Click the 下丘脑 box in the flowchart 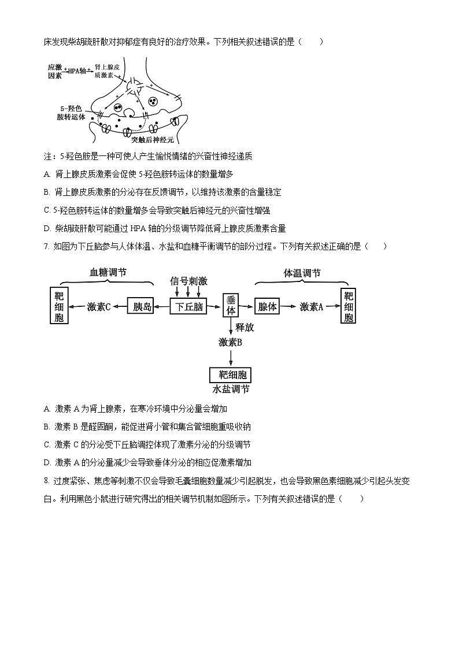point(188,307)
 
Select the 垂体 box point(231,305)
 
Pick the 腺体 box point(268,307)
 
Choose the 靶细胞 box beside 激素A point(348,306)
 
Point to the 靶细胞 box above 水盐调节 point(231,376)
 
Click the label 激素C point(99,307)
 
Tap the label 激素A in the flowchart point(311,307)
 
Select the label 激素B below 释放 point(230,342)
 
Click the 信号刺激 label point(188,281)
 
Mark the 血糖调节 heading point(108,272)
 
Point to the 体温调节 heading point(302,273)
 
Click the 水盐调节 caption point(231,390)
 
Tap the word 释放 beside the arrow point(245,327)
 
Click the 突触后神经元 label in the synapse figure point(152,139)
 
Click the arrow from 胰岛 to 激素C point(120,307)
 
